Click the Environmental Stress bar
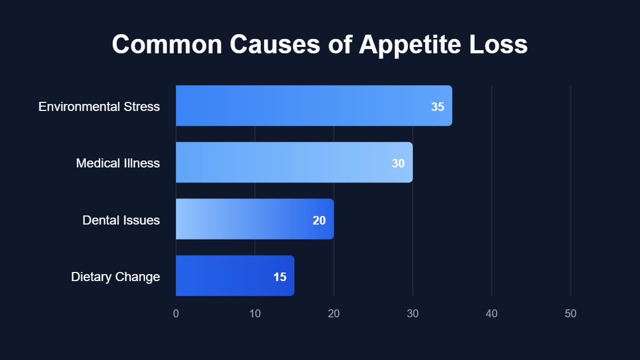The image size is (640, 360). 314,106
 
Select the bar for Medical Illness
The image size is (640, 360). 294,162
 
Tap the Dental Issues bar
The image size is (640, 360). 254,219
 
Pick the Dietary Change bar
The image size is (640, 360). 235,276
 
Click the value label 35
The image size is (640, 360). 437,107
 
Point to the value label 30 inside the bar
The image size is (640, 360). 398,163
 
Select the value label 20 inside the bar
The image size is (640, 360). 319,220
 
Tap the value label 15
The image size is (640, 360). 279,277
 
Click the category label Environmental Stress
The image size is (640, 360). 99,107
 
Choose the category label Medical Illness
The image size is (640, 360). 118,163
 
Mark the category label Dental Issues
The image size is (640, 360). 121,220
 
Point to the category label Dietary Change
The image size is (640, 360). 115,277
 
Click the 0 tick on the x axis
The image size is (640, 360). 176,314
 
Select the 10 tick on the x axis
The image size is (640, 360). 255,314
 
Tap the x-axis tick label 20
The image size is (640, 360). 334,314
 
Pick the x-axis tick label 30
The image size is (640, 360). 413,314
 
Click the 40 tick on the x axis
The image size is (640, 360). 492,314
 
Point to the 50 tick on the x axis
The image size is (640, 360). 571,314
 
